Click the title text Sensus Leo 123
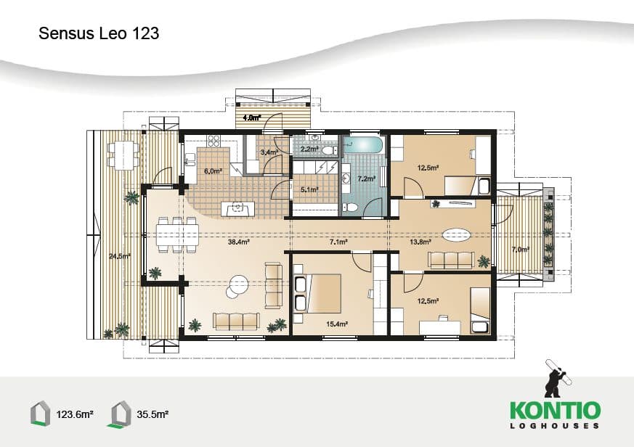[99, 33]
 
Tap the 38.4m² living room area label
[238, 242]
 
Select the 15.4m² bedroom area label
[337, 324]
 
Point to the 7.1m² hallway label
[338, 242]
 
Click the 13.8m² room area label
[420, 242]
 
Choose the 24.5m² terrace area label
[120, 256]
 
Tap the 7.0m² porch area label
[521, 250]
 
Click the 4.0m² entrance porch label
[251, 118]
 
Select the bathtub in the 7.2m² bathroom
[363, 145]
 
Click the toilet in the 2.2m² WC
[330, 150]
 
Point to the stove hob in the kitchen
[214, 141]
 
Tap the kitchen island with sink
[237, 209]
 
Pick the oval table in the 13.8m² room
[457, 235]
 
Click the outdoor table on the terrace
[123, 155]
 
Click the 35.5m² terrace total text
[153, 414]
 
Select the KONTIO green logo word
[555, 410]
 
